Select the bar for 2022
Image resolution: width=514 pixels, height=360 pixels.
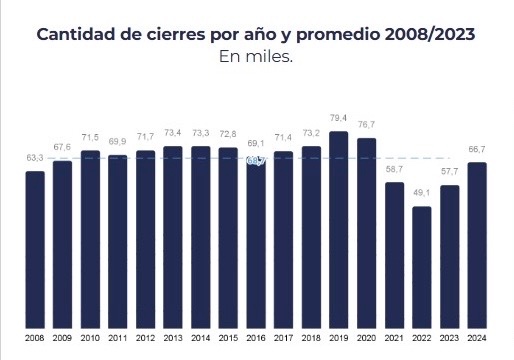pyautogui.click(x=421, y=266)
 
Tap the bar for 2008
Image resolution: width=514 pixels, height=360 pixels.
pyautogui.click(x=35, y=248)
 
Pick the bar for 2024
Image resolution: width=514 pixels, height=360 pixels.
pyautogui.click(x=477, y=244)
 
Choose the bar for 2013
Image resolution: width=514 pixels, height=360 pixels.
pyautogui.click(x=173, y=236)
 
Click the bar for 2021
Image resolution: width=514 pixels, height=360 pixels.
pyautogui.click(x=394, y=254)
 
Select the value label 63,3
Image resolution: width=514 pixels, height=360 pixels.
pyautogui.click(x=35, y=158)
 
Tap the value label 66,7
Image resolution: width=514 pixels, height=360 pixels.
pyautogui.click(x=477, y=149)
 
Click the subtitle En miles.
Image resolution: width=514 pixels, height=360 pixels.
pyautogui.click(x=256, y=56)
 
